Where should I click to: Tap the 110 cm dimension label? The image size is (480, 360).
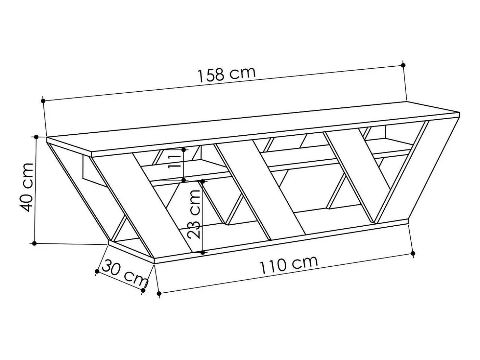coord(289,265)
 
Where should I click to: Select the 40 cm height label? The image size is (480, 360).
coord(26,188)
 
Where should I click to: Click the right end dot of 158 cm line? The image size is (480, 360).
coord(403,65)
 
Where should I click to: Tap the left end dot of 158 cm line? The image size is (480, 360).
coord(43,101)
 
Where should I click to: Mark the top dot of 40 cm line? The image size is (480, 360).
coord(36,137)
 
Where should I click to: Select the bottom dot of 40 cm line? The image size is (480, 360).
coord(34,243)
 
